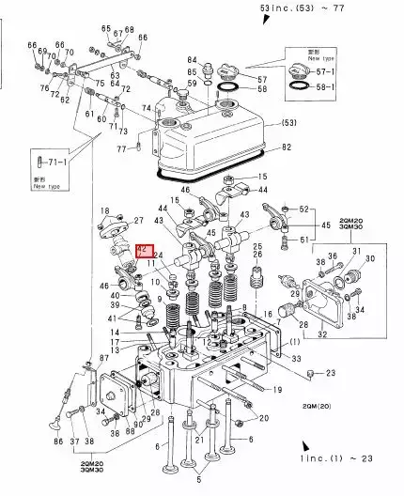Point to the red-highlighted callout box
click(x=143, y=250)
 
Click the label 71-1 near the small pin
click(x=59, y=163)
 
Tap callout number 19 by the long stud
click(x=278, y=388)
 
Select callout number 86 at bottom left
click(x=58, y=441)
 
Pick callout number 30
click(x=369, y=257)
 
